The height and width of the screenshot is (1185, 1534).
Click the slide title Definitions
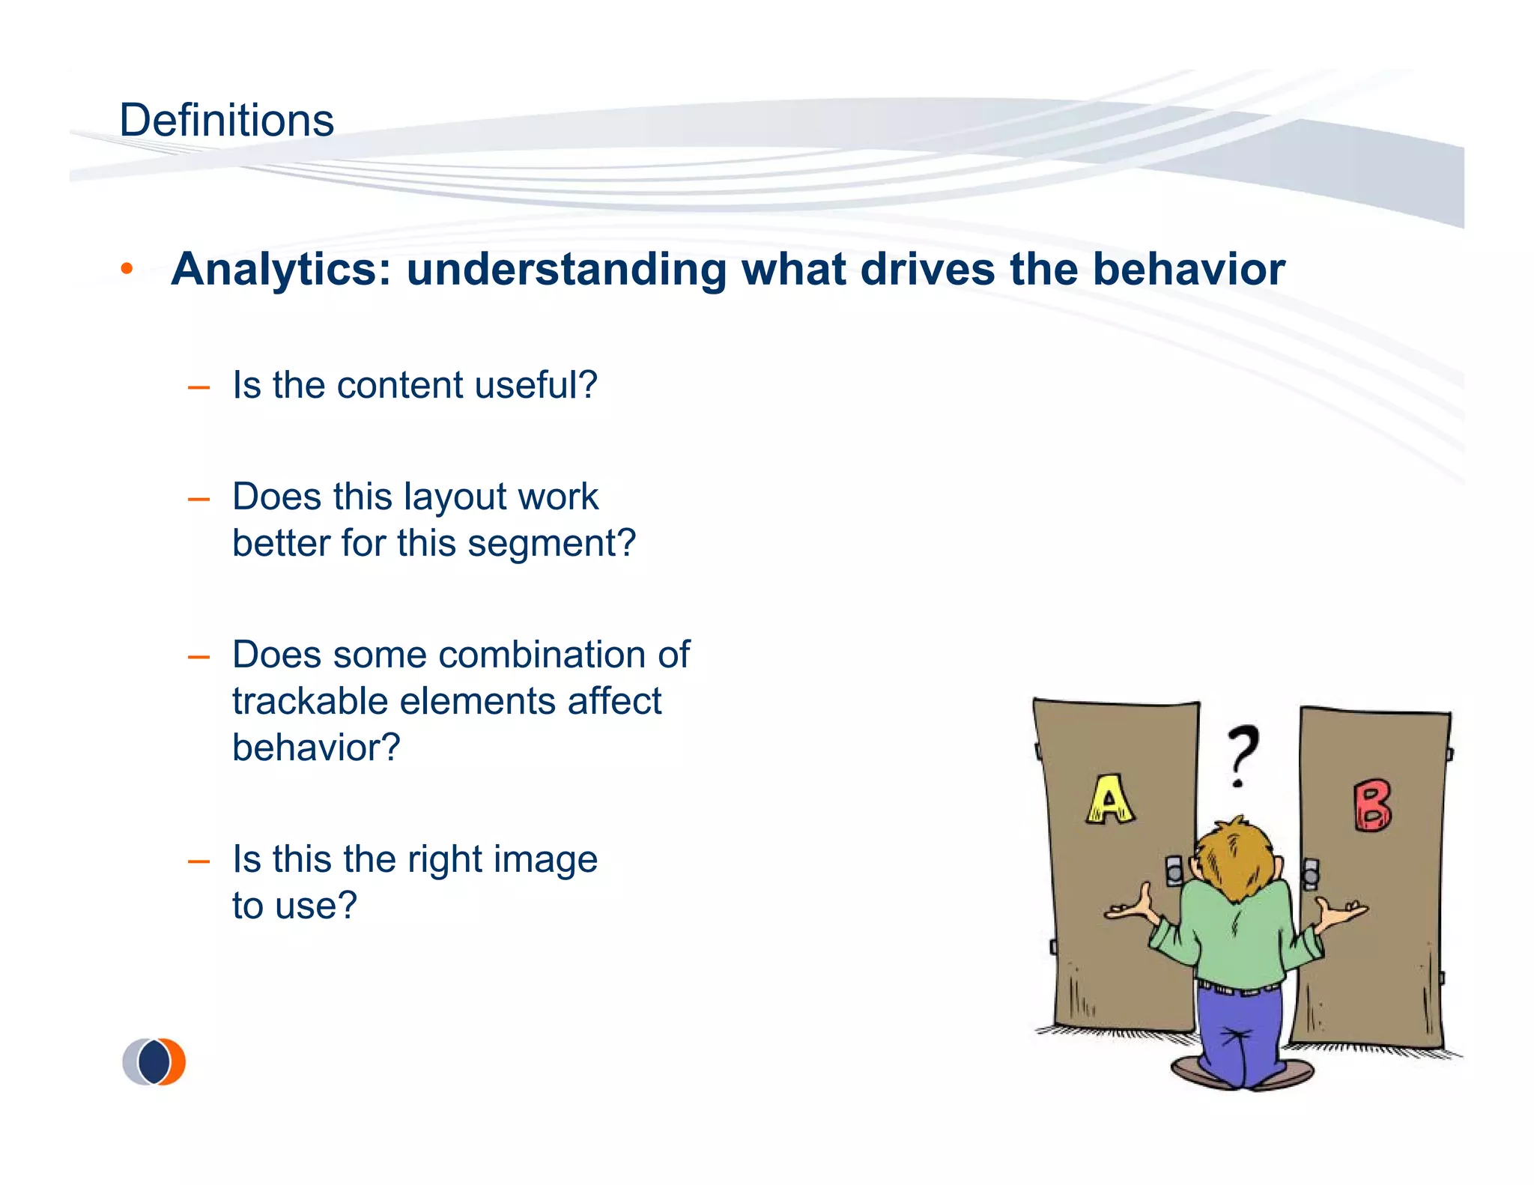[x=226, y=120]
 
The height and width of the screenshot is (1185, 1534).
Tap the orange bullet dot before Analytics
[x=127, y=268]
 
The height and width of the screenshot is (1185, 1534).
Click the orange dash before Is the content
[x=198, y=387]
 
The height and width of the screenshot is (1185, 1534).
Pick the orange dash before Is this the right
[x=198, y=861]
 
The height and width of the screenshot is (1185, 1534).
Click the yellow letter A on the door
[x=1109, y=798]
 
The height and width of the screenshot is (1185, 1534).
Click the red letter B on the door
[x=1372, y=806]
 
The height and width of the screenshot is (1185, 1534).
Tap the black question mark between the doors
[x=1243, y=753]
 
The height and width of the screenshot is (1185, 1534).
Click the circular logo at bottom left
[x=154, y=1061]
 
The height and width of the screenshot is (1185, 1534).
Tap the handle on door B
[x=1310, y=873]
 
